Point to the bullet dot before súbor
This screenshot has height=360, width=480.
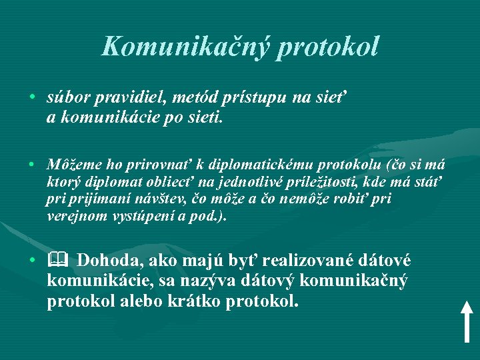pyautogui.click(x=32, y=97)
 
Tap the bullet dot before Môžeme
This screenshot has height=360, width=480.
pyautogui.click(x=32, y=164)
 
